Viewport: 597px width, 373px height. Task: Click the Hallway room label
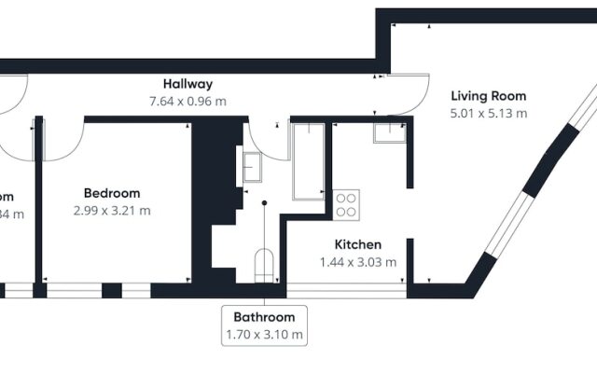[x=188, y=84]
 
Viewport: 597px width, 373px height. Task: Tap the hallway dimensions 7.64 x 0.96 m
[x=188, y=101]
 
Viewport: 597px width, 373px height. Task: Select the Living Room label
[x=489, y=96]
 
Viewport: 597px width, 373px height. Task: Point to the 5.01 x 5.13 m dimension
[x=489, y=114]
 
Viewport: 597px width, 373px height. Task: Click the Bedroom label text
[x=112, y=193]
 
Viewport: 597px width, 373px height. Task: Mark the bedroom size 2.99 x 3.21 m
[x=112, y=211]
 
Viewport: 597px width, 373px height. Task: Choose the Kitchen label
[x=358, y=244]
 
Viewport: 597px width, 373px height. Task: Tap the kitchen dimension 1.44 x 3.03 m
[x=358, y=262]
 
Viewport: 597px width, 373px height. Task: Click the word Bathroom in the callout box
[x=264, y=317]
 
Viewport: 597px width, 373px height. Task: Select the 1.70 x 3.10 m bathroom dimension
[x=264, y=334]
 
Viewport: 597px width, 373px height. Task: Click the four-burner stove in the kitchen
[x=347, y=203]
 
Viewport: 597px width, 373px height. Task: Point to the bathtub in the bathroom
[x=307, y=160]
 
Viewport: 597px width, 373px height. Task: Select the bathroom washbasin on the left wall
[x=252, y=166]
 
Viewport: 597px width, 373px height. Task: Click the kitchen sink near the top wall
[x=389, y=131]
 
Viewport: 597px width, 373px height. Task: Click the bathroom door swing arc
[x=264, y=140]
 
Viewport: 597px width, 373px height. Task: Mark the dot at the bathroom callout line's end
[x=264, y=201]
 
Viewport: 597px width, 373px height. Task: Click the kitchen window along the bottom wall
[x=345, y=291]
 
